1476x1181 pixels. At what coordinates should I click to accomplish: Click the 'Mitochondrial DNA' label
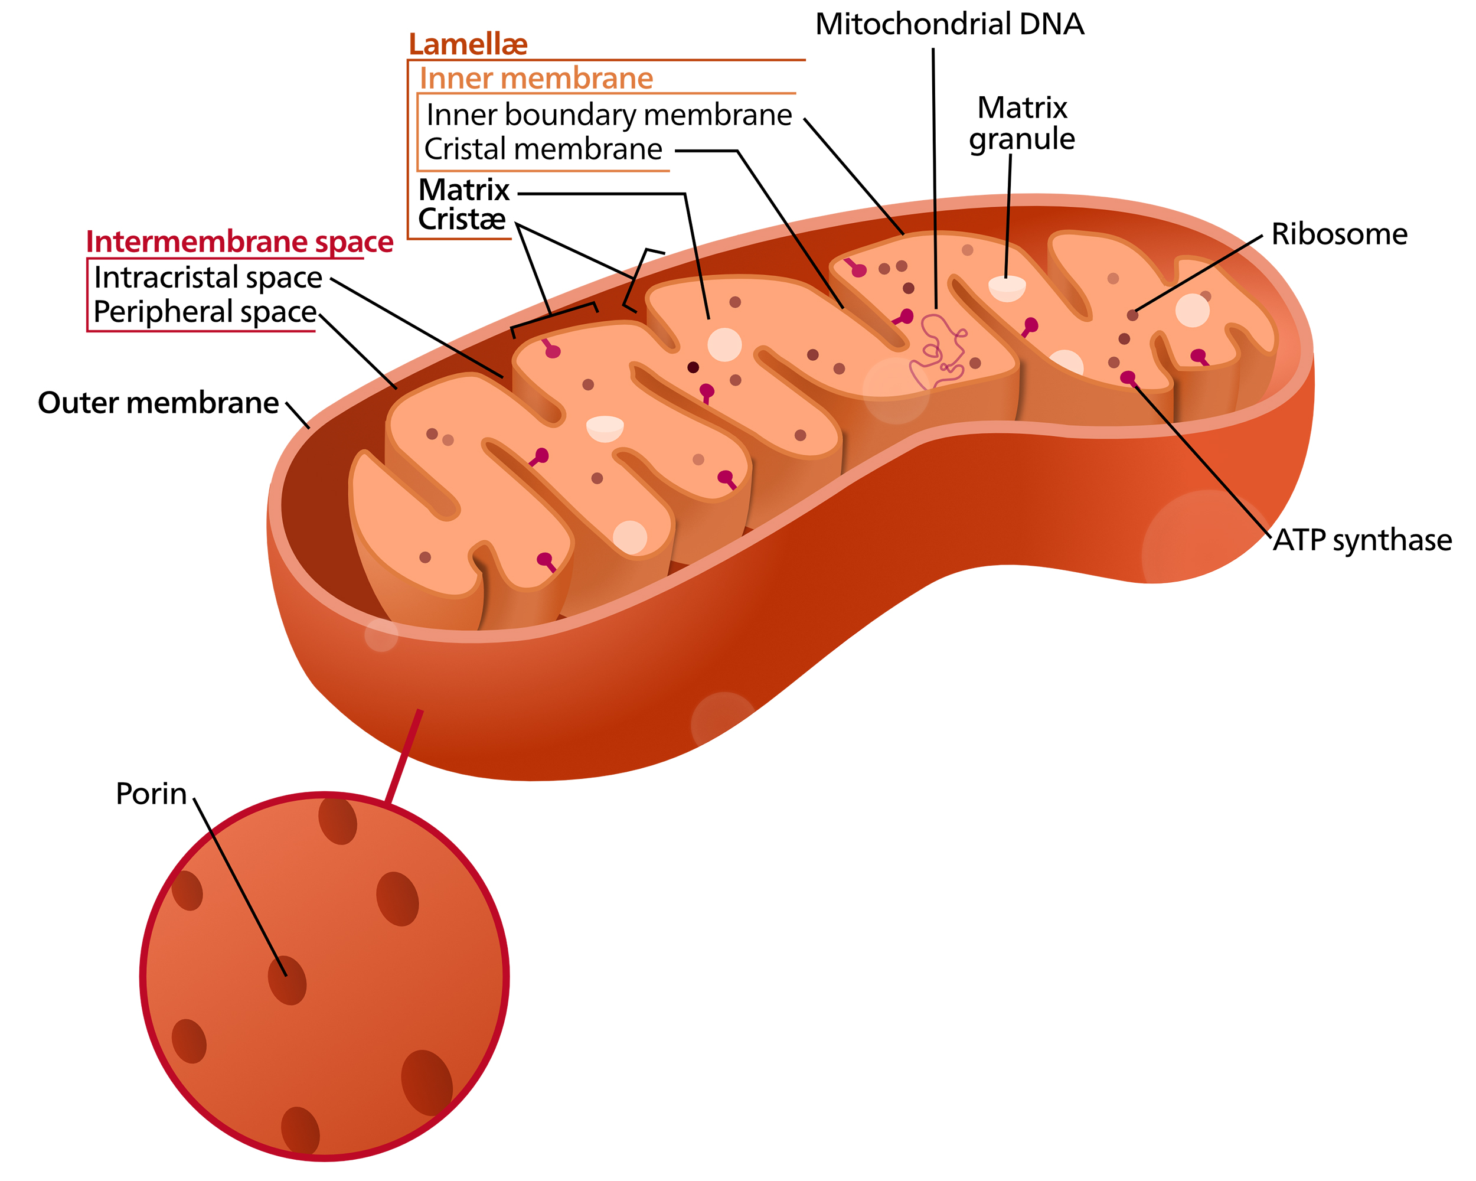[949, 25]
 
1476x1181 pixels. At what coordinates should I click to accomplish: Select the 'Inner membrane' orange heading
[536, 78]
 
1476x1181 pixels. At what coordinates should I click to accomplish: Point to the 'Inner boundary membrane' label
[609, 115]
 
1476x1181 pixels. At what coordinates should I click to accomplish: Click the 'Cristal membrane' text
[543, 149]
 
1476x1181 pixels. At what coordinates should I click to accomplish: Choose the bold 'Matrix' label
[464, 190]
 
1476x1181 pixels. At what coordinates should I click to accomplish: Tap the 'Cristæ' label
[462, 219]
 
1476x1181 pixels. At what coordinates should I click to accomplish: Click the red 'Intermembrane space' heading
[240, 242]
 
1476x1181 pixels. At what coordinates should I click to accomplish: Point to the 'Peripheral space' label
[205, 312]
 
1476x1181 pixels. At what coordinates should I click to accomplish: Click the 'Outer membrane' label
[158, 403]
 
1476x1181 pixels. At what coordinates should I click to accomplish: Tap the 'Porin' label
[151, 794]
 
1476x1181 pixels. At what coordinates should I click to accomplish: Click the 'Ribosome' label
[1339, 234]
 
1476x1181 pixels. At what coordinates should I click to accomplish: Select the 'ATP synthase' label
[1363, 540]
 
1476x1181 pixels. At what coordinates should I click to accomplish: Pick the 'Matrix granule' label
[1022, 123]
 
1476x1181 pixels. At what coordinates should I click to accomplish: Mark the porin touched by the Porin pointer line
[287, 980]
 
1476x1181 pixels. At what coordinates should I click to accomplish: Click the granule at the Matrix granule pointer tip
[1007, 288]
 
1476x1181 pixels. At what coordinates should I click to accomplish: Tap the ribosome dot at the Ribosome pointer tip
[1132, 315]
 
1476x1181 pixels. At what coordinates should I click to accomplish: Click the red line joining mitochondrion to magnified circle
[404, 756]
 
